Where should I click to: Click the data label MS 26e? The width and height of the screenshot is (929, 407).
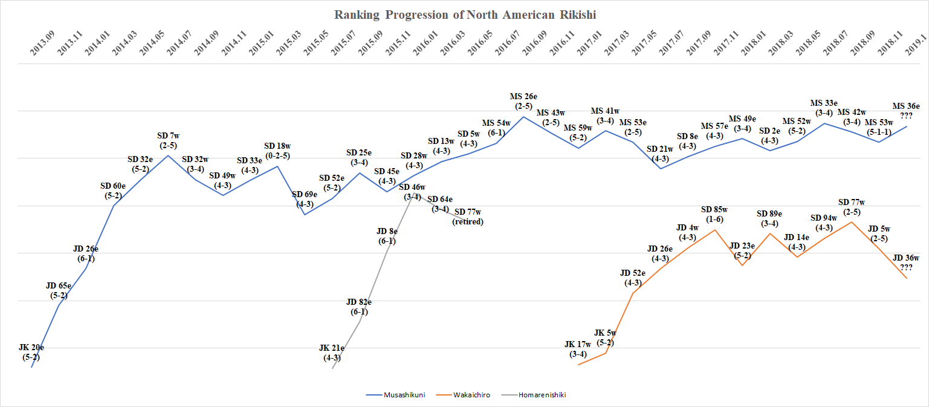coord(523,97)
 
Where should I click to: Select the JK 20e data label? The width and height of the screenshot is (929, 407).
coord(31,348)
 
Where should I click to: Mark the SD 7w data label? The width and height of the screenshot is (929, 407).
coord(167,136)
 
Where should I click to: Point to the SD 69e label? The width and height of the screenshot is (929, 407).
coord(305,195)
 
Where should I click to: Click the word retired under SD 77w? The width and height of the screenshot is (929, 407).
coord(468,222)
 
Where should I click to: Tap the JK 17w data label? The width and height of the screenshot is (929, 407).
coord(578,345)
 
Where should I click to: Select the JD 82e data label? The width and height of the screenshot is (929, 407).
coord(359,302)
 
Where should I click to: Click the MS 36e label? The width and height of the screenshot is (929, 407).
coord(906,106)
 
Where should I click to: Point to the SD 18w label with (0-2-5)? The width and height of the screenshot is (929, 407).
coord(278,146)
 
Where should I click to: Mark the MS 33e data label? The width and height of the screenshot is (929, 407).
coord(824,103)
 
